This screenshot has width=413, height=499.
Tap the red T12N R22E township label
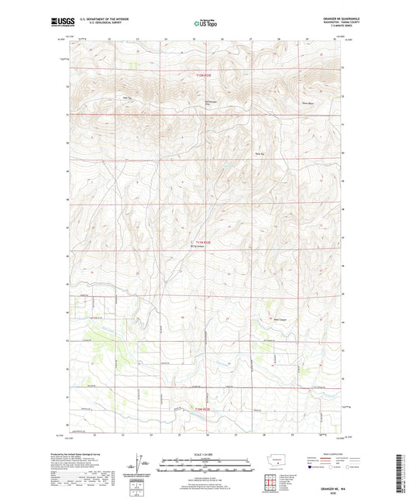coord(203,74)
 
